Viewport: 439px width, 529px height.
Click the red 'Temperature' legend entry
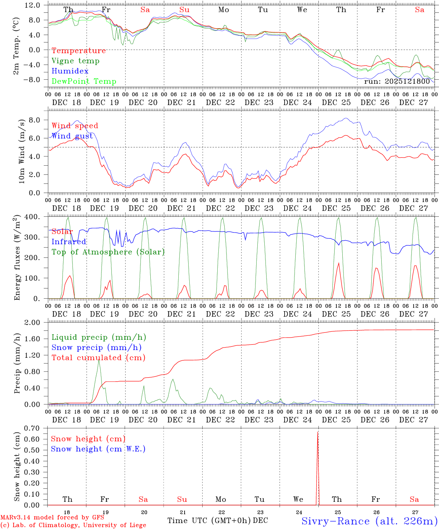point(79,51)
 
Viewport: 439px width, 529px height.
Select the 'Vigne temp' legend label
point(75,61)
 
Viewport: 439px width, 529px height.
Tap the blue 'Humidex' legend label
point(70,71)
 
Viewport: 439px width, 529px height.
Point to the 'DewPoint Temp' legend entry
point(84,82)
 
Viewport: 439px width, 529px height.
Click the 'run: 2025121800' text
point(397,82)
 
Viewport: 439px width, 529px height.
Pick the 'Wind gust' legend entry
point(72,136)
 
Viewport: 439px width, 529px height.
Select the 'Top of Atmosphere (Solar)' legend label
point(108,252)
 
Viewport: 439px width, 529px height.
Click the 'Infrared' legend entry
point(69,242)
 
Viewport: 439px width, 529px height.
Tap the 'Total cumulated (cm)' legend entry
point(99,358)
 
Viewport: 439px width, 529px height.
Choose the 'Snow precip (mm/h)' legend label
point(96,348)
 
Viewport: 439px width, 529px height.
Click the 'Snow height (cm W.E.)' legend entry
point(98,449)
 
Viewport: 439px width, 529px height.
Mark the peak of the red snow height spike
point(318,432)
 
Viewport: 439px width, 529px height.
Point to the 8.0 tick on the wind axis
point(35,120)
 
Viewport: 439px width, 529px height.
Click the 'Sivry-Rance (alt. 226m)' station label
point(369,521)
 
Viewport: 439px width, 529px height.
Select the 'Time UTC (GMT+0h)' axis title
point(209,521)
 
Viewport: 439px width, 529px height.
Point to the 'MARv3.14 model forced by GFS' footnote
point(52,518)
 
